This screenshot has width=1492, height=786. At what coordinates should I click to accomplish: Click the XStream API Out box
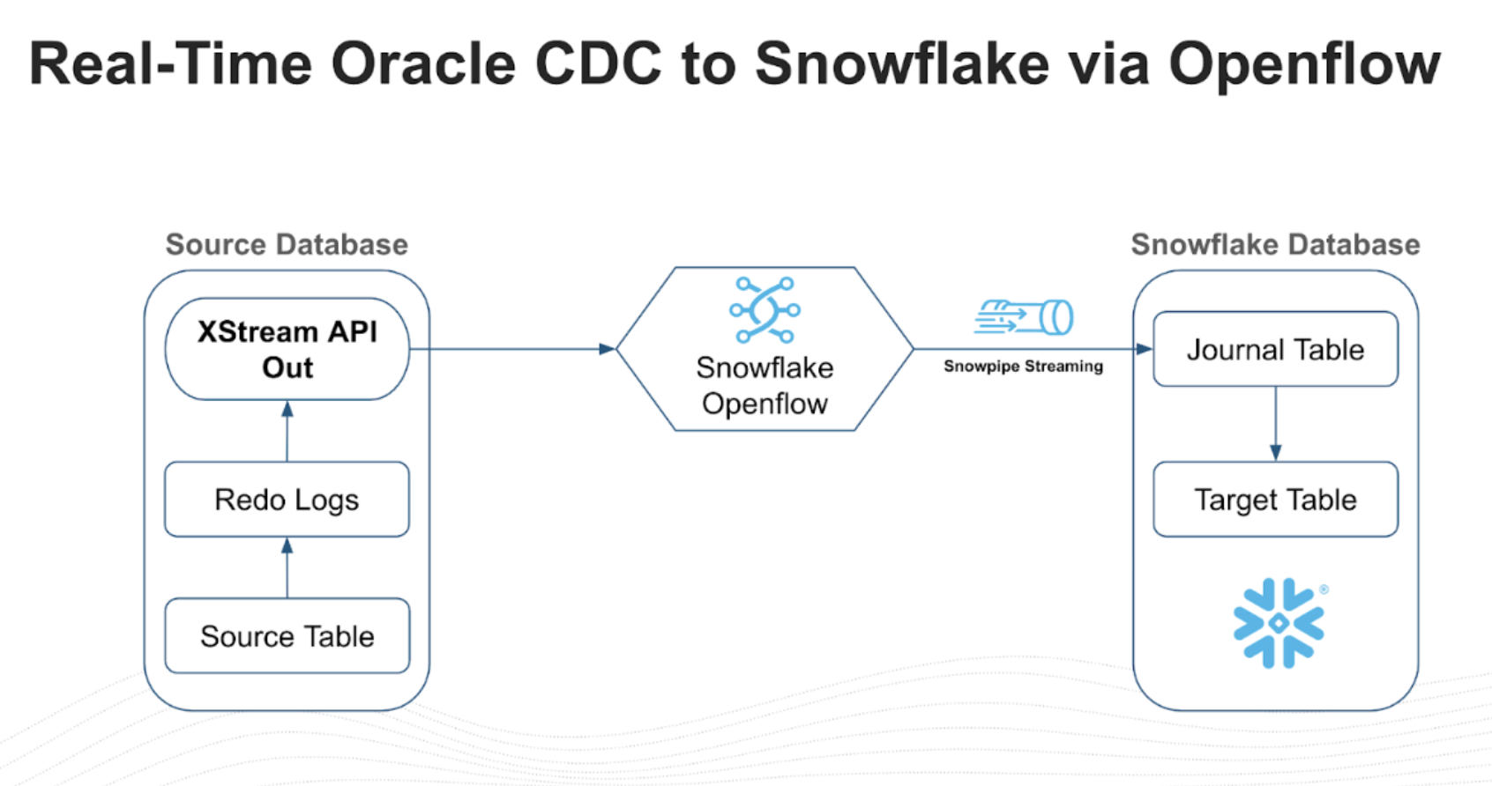[287, 349]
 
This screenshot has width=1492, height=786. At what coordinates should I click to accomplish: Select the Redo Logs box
[287, 500]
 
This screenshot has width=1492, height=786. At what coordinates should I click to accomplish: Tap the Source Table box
[287, 636]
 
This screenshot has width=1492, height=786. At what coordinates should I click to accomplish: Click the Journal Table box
[1275, 350]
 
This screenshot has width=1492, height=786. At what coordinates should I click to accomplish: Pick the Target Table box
[1275, 500]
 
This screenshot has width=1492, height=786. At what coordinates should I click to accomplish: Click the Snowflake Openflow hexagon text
[765, 386]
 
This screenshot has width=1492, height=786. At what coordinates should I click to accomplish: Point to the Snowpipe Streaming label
[1023, 367]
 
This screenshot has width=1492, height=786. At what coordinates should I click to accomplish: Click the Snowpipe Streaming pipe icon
[1025, 317]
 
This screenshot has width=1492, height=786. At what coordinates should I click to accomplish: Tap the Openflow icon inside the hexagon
[765, 310]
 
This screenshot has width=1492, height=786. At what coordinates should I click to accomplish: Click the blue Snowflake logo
[1278, 623]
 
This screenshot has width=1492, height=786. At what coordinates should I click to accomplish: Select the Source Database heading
[287, 244]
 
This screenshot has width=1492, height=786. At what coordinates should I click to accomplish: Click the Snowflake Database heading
[1275, 244]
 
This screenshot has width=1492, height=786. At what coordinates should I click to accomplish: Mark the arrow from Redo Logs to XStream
[287, 431]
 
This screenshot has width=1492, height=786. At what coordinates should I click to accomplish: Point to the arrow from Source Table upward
[287, 567]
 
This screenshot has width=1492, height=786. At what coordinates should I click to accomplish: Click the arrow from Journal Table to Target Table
[1275, 424]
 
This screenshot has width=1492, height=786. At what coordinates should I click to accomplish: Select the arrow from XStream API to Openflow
[511, 349]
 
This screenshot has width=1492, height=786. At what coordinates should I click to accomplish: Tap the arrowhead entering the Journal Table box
[1144, 349]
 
